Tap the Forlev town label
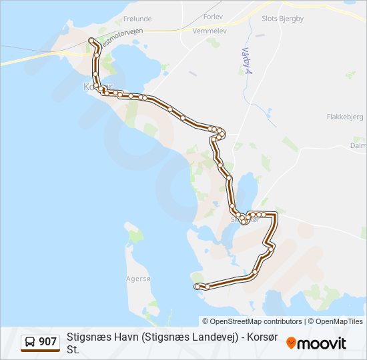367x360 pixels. (x=213, y=15)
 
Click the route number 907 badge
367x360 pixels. (x=48, y=342)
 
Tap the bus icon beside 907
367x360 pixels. (x=30, y=342)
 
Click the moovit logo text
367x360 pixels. (x=322, y=343)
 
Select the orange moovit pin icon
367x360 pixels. (x=292, y=343)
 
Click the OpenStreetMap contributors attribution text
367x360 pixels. (x=252, y=321)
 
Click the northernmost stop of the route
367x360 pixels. (x=91, y=41)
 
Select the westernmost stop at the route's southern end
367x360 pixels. (x=197, y=286)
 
